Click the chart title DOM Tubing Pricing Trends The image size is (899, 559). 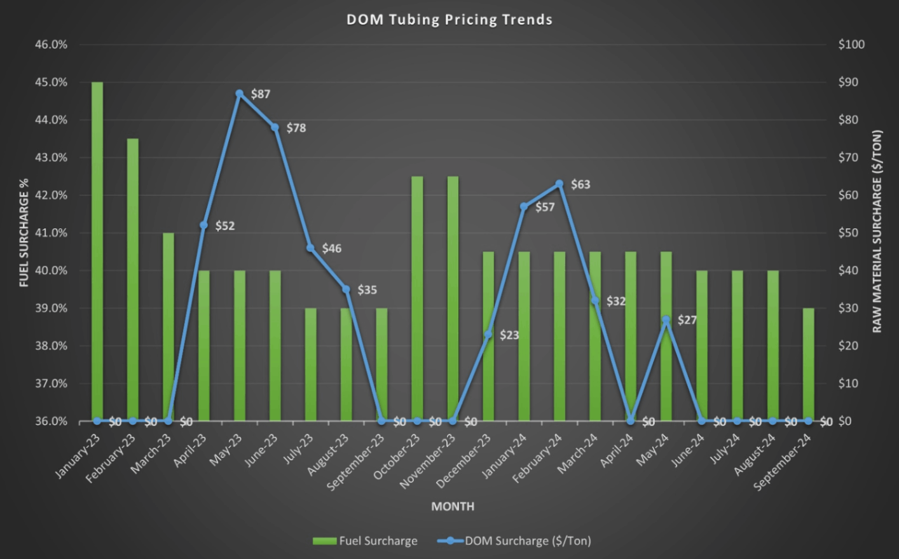pyautogui.click(x=449, y=20)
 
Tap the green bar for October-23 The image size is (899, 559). pyautogui.click(x=417, y=298)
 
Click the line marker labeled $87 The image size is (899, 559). pyautogui.click(x=240, y=93)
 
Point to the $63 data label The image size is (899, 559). pyautogui.click(x=580, y=184)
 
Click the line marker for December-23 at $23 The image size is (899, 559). pyautogui.click(x=488, y=334)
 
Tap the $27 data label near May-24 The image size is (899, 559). pyautogui.click(x=687, y=320)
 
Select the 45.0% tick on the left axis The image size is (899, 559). pyautogui.click(x=51, y=82)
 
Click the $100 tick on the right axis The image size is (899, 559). pyautogui.click(x=851, y=45)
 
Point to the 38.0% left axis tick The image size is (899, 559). pyautogui.click(x=51, y=346)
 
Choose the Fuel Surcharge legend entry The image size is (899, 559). pyautogui.click(x=366, y=541)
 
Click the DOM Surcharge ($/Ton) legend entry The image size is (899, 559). pyautogui.click(x=515, y=541)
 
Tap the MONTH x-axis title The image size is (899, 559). pyautogui.click(x=453, y=506)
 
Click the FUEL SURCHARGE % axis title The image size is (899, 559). pyautogui.click(x=24, y=233)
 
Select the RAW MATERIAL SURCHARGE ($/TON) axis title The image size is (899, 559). pyautogui.click(x=877, y=231)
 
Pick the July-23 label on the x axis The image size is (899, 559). pyautogui.click(x=298, y=448)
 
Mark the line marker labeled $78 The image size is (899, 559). pyautogui.click(x=275, y=127)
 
